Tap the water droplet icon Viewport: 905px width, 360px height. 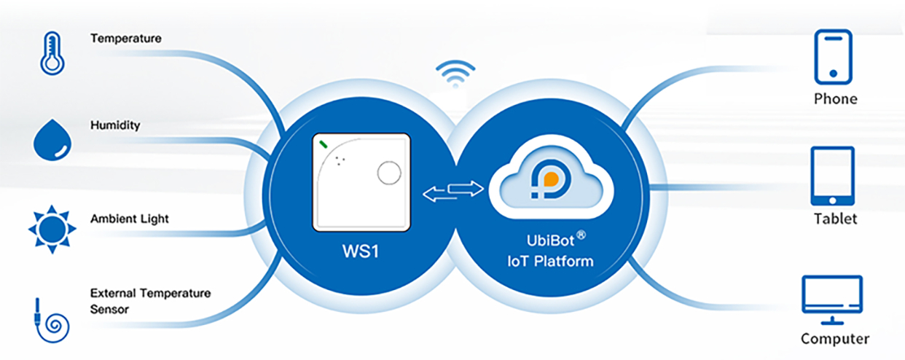pyautogui.click(x=53, y=140)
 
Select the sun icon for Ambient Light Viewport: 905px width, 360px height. pyautogui.click(x=52, y=230)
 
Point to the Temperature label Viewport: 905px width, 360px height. pyautogui.click(x=125, y=38)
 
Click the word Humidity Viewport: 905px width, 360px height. pyautogui.click(x=115, y=125)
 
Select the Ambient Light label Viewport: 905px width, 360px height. pyautogui.click(x=130, y=219)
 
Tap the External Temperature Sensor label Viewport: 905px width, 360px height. pyautogui.click(x=150, y=301)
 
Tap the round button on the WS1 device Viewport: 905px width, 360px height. pyautogui.click(x=389, y=173)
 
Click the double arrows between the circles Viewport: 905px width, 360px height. pyautogui.click(x=454, y=192)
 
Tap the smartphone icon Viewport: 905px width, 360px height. pyautogui.click(x=832, y=55)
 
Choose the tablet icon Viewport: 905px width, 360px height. pyautogui.click(x=832, y=176)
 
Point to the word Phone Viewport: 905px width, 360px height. pyautogui.click(x=835, y=98)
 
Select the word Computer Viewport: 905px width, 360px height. pyautogui.click(x=834, y=338)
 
